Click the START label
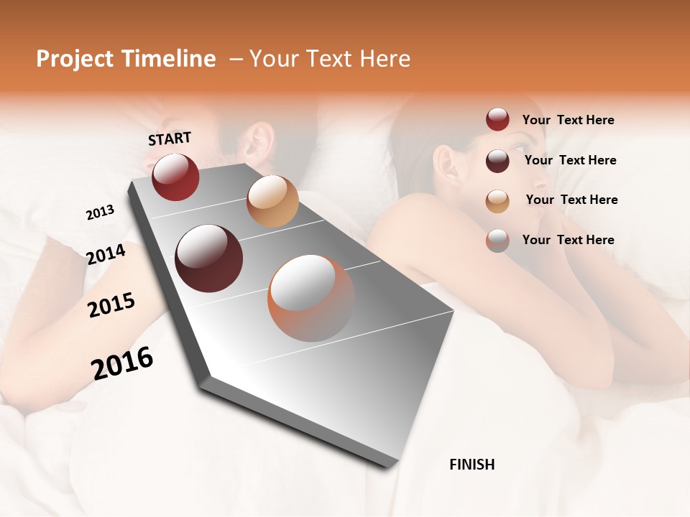click(x=170, y=139)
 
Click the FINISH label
click(x=471, y=465)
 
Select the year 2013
click(x=100, y=213)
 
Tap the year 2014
click(x=106, y=254)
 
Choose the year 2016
click(x=122, y=363)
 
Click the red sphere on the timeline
click(x=175, y=177)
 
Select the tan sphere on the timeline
click(x=272, y=201)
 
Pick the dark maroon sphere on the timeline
click(x=209, y=258)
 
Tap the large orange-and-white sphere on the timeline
click(x=311, y=298)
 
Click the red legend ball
click(x=497, y=119)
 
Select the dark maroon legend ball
click(x=497, y=160)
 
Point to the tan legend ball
click(x=497, y=200)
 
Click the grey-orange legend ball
click(x=497, y=240)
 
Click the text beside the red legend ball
click(x=568, y=120)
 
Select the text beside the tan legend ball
click(x=571, y=200)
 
